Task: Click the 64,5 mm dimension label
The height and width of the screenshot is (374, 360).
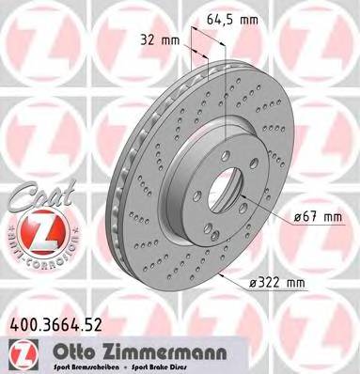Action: click(x=231, y=16)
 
